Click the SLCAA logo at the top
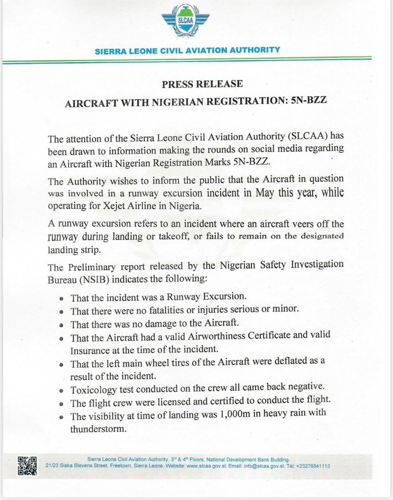(x=185, y=22)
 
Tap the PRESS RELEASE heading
(x=202, y=84)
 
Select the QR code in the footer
(x=27, y=465)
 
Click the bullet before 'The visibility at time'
(x=62, y=417)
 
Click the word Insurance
(x=91, y=349)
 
